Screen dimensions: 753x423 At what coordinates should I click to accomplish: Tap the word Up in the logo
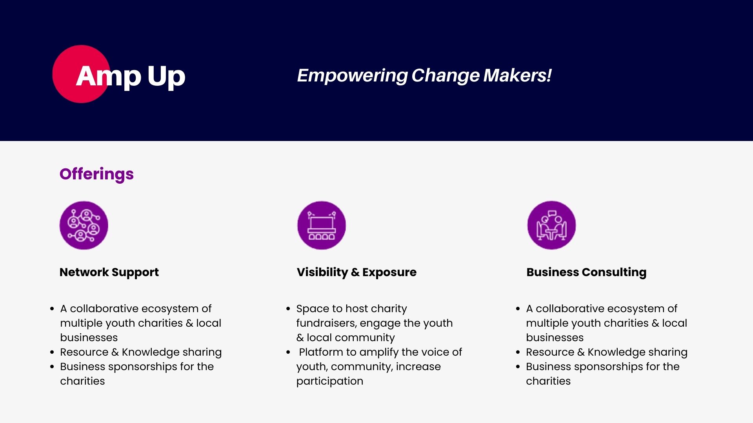click(x=166, y=77)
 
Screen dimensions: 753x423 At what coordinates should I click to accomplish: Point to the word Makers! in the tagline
click(x=517, y=75)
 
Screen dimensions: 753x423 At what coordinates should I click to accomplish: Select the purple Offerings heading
click(x=96, y=174)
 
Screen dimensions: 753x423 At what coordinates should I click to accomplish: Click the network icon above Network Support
click(x=84, y=225)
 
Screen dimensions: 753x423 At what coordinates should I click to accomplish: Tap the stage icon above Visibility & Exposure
click(x=322, y=225)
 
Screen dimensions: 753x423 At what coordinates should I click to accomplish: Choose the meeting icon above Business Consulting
click(x=551, y=225)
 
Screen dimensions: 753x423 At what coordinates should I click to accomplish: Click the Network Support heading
click(x=109, y=273)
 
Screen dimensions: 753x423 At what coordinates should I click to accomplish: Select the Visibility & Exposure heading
click(x=356, y=273)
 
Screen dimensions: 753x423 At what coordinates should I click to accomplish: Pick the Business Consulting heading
click(x=586, y=273)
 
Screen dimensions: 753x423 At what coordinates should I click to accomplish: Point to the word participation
click(x=330, y=381)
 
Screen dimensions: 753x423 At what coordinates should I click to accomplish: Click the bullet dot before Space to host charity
click(x=288, y=309)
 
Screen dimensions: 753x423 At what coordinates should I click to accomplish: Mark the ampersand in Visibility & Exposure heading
click(x=355, y=273)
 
